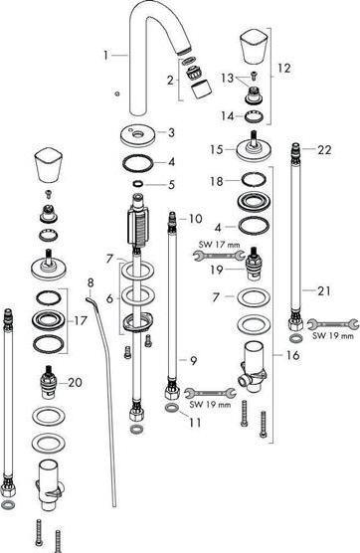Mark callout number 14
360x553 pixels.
[226, 115]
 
